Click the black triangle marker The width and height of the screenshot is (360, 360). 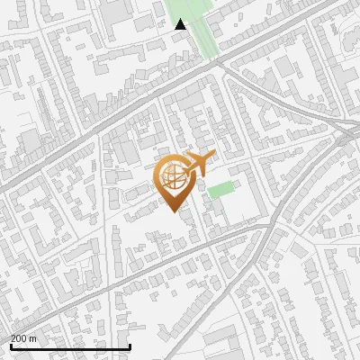[181, 24]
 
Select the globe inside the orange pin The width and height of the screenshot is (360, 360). [175, 178]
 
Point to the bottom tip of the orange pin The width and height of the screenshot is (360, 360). [175, 212]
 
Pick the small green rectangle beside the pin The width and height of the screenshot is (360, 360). [220, 189]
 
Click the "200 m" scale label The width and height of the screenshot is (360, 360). [23, 338]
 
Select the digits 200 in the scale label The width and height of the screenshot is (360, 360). [19, 338]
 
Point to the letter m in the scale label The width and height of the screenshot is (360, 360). [33, 338]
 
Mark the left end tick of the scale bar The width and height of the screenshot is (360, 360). [11, 345]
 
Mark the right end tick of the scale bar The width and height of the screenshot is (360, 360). [130, 345]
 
